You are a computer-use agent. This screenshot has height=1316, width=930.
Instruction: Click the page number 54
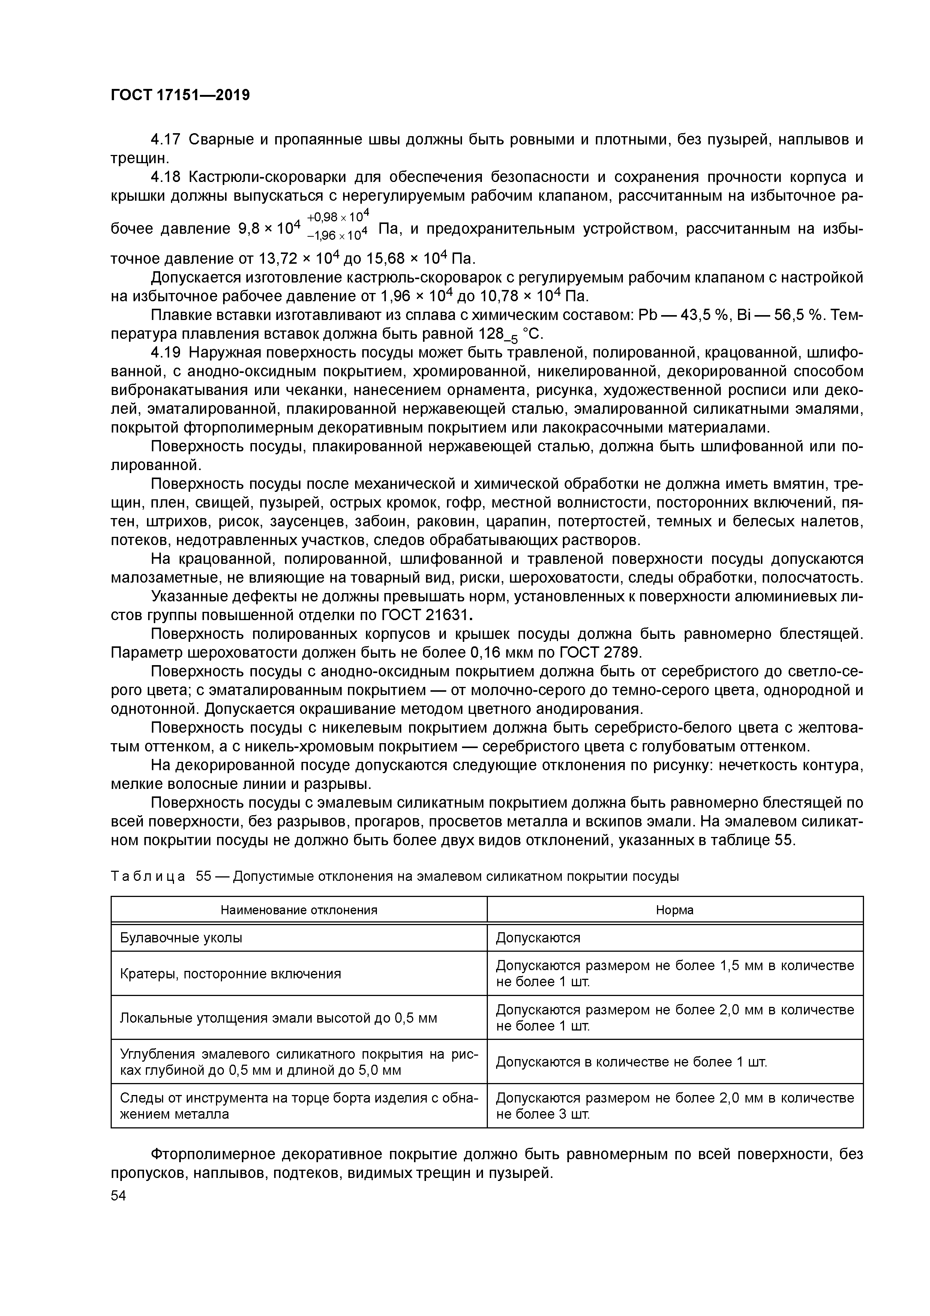coord(118,1195)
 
